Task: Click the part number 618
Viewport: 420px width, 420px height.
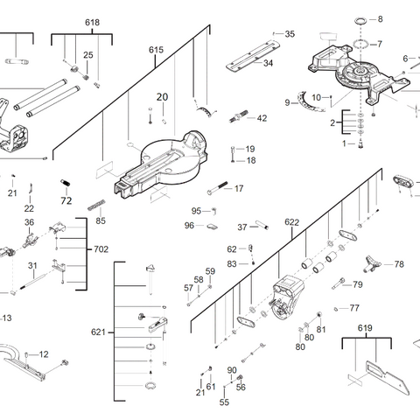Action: (68, 21)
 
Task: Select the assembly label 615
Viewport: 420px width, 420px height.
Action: (156, 50)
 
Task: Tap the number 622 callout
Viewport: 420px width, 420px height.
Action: (291, 222)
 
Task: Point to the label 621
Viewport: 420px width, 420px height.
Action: (98, 332)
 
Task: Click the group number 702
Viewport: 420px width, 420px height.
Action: (102, 249)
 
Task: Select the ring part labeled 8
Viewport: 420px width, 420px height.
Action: (360, 19)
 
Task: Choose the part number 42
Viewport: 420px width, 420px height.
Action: (262, 118)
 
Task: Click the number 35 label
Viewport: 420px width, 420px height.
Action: (290, 34)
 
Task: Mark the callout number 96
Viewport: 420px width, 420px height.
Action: (189, 226)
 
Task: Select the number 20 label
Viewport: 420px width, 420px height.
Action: (161, 97)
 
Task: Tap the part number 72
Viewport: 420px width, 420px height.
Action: (65, 200)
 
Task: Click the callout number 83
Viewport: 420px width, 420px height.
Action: (232, 263)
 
